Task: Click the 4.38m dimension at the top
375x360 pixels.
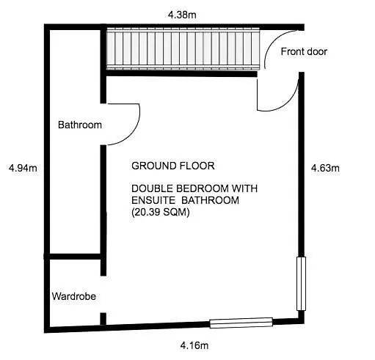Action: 182,15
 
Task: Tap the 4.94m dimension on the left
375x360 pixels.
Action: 23,168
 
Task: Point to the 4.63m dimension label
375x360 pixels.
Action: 325,168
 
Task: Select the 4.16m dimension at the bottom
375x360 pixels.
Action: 194,345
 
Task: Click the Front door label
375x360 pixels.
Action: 304,51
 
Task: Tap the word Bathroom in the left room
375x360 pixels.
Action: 80,125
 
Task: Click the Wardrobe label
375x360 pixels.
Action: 74,296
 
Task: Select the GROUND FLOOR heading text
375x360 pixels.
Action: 173,166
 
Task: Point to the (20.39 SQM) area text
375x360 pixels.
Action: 161,212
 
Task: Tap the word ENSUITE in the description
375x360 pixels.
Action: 153,200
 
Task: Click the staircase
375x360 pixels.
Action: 183,48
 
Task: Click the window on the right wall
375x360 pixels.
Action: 301,284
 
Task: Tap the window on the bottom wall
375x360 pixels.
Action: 241,323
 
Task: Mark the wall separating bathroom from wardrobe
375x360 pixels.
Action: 73,257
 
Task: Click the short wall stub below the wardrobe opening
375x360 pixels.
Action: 103,319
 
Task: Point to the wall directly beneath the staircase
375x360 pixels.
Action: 181,73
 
